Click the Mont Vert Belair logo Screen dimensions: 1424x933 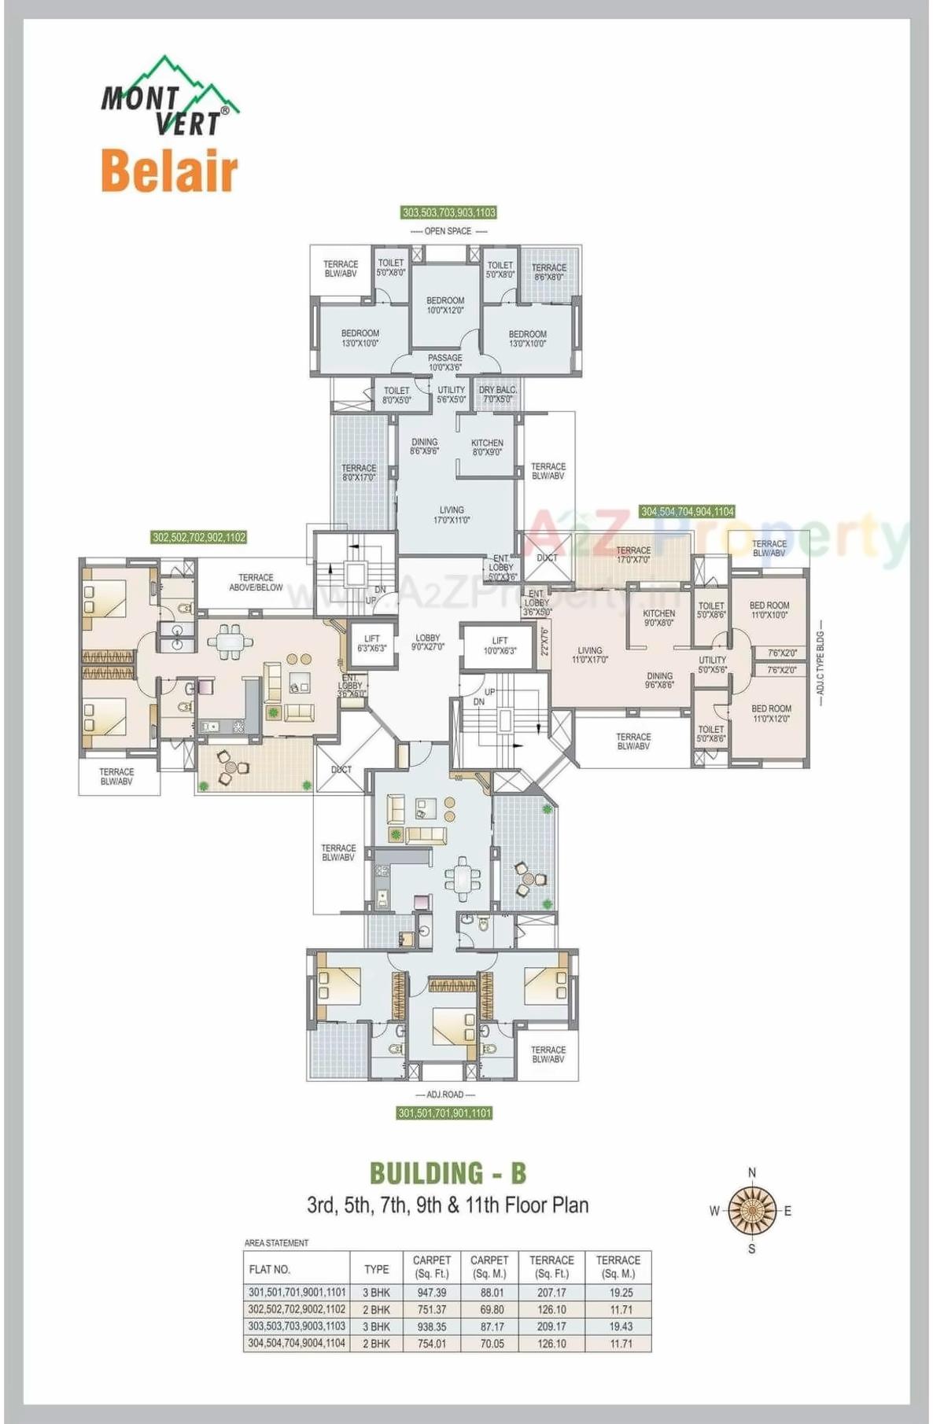click(169, 126)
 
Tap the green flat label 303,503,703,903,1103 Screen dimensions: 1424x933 click(449, 212)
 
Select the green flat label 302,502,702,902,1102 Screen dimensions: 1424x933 click(199, 538)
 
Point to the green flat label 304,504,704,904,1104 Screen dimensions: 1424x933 click(688, 512)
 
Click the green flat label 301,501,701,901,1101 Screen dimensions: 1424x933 click(444, 1113)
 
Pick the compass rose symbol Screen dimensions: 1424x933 click(752, 1210)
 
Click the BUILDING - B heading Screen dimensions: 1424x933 click(448, 1173)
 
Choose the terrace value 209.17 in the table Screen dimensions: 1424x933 click(551, 1326)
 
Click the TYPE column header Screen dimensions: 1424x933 click(376, 1268)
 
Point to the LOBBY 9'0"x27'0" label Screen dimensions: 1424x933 click(428, 642)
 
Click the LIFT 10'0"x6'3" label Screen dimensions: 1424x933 click(500, 646)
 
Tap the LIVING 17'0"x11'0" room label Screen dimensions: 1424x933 click(452, 515)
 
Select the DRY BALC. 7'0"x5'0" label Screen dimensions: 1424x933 click(497, 395)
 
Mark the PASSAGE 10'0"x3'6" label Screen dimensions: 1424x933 click(445, 362)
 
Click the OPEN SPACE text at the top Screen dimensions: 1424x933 click(448, 231)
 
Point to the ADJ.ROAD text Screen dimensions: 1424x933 click(445, 1095)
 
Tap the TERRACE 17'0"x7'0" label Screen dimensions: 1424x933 click(633, 555)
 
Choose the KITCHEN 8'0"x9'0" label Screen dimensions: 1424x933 click(487, 447)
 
